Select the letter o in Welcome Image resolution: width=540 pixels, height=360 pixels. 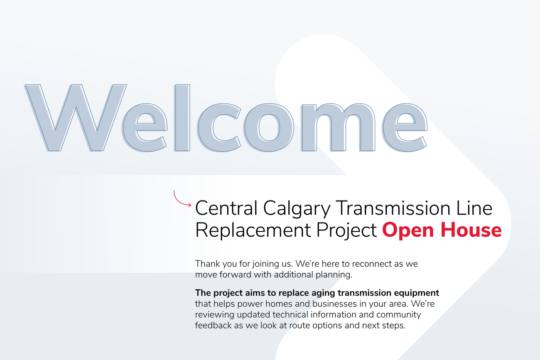[x=269, y=128]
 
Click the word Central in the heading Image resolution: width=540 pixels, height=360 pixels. [x=226, y=208]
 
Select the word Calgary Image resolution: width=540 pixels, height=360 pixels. [x=297, y=209]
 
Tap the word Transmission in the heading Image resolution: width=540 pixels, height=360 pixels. [x=393, y=208]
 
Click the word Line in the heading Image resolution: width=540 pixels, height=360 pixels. [x=474, y=208]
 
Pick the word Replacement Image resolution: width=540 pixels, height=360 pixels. [x=253, y=230]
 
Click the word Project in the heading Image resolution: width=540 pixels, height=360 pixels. [x=347, y=230]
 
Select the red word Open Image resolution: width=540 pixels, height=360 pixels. [x=408, y=230]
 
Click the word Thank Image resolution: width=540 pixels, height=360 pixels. [x=207, y=264]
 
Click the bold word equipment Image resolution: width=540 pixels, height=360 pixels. [x=417, y=293]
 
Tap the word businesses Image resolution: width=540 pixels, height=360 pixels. [x=335, y=304]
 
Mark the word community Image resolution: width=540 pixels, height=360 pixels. [x=399, y=315]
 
